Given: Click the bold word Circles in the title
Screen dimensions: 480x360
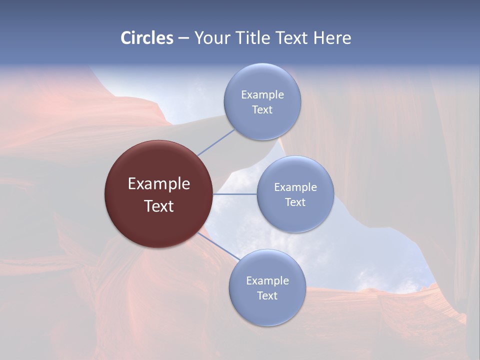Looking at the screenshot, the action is click(x=147, y=38).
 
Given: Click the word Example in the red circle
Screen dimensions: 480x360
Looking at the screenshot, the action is click(x=159, y=184).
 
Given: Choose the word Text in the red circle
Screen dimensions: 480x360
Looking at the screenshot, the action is click(x=159, y=206).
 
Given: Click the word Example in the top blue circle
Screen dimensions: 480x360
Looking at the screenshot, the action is click(x=262, y=94).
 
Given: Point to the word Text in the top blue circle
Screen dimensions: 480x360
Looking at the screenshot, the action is click(x=262, y=109).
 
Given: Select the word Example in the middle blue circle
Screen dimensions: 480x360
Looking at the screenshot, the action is click(x=295, y=187).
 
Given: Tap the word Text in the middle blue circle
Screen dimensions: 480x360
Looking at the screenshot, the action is click(x=295, y=202).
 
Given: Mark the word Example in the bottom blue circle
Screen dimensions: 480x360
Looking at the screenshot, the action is click(x=267, y=280).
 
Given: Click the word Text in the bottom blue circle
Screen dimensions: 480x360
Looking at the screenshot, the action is click(x=267, y=295).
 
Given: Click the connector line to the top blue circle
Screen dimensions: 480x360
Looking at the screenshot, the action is click(x=216, y=142).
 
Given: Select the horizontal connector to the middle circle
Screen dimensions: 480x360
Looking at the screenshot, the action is click(x=235, y=194).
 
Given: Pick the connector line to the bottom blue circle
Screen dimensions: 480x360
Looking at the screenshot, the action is click(x=219, y=246).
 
